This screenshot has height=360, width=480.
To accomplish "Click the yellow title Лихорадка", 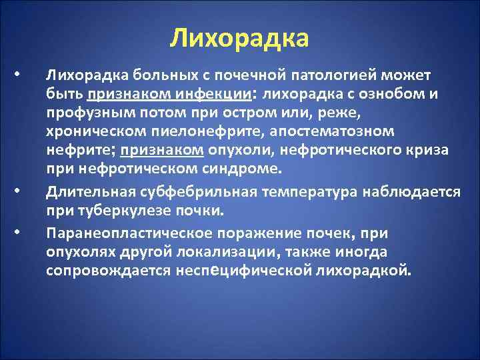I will [x=239, y=38].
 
